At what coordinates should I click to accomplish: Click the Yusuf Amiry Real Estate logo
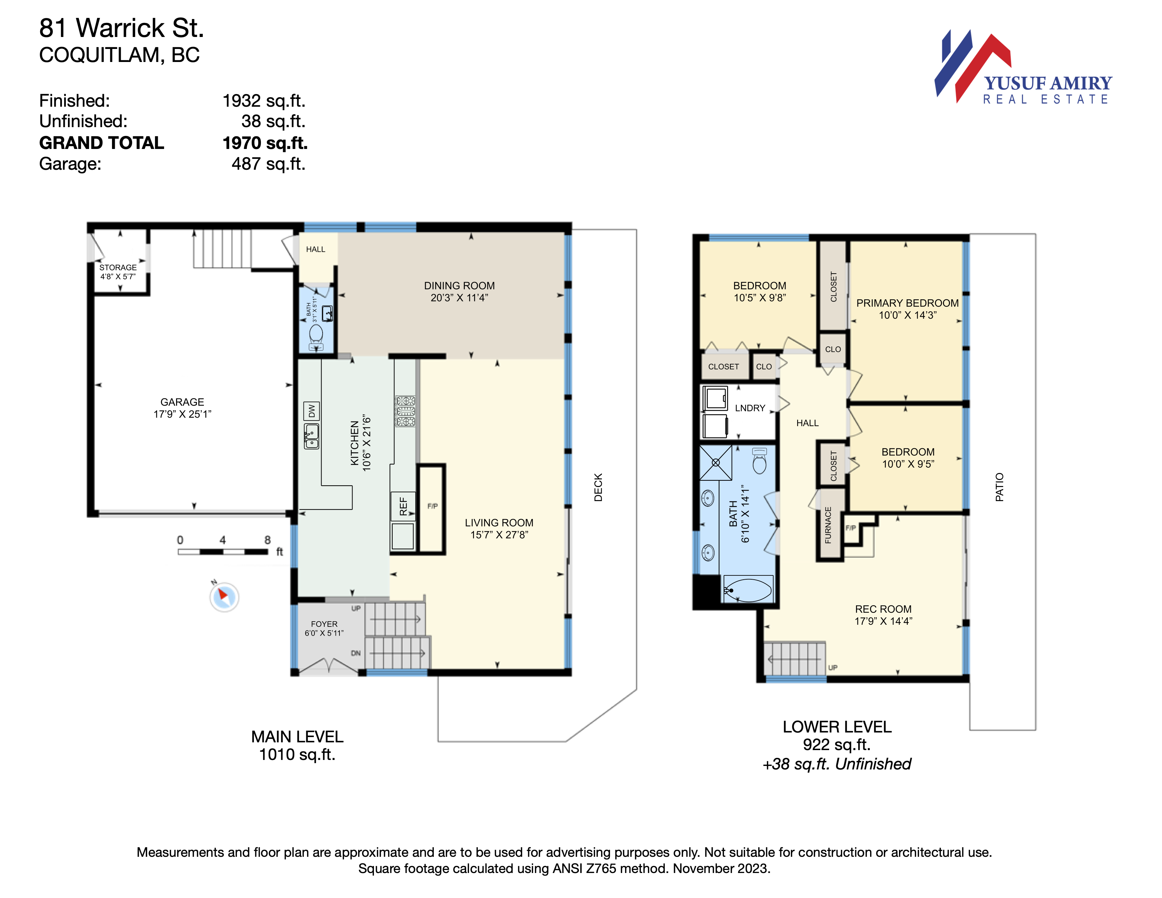click(x=1023, y=67)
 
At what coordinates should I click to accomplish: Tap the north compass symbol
click(x=224, y=596)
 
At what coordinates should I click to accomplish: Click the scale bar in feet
click(x=223, y=552)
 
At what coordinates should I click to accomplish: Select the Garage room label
click(x=182, y=402)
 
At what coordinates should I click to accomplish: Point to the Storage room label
click(x=118, y=267)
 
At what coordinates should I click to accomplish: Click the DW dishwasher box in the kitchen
click(x=311, y=411)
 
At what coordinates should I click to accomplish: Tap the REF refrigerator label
click(x=403, y=506)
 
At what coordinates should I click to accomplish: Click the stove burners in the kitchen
click(x=405, y=411)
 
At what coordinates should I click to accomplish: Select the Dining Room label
click(x=459, y=286)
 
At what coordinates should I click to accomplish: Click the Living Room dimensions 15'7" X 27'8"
click(x=499, y=535)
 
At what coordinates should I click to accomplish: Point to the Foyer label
click(x=324, y=624)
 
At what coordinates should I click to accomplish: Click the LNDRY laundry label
click(x=750, y=408)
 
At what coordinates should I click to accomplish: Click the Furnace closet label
click(x=828, y=525)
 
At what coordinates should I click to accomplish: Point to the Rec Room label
click(x=883, y=609)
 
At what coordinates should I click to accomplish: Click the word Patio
click(x=999, y=487)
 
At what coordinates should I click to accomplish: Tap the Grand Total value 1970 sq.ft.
click(x=265, y=143)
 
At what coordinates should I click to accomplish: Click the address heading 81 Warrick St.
click(x=121, y=28)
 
